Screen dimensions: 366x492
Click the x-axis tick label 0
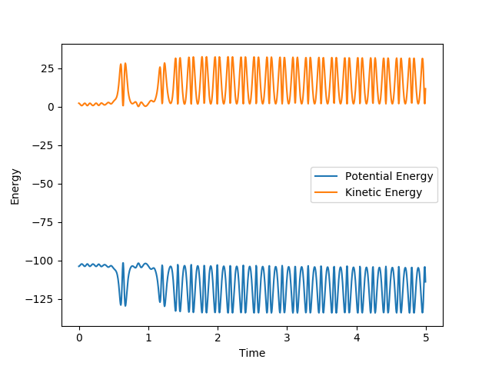(79, 337)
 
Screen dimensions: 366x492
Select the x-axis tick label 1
(148, 337)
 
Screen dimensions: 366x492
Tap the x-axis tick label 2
(218, 337)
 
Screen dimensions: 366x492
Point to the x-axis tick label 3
(288, 337)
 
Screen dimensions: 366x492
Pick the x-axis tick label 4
(357, 337)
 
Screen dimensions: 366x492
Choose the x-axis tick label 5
(426, 337)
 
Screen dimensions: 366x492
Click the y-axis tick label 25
(48, 68)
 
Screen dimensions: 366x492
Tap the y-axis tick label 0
(51, 107)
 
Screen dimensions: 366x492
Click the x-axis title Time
(252, 353)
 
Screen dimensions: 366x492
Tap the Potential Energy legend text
(389, 176)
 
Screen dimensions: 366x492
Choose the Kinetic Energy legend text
(384, 192)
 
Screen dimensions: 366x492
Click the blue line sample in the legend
(327, 176)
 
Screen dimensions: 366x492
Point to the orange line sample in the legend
(327, 192)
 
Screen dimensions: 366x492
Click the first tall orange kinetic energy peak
(121, 65)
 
